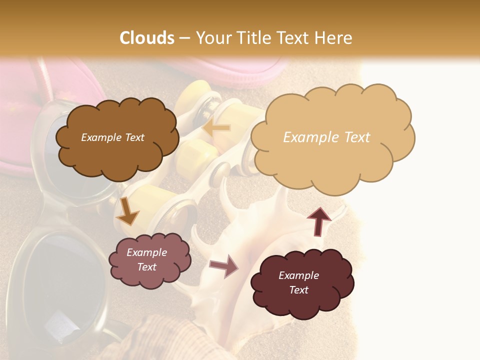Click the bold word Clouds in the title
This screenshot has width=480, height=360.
point(147,38)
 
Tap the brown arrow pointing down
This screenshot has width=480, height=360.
point(127,211)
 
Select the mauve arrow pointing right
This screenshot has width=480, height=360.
point(224,266)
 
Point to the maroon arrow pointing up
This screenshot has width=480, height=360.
point(318,220)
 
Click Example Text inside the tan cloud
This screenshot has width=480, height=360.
point(326,137)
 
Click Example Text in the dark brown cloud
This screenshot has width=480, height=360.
point(112,137)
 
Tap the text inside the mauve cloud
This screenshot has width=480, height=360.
point(147,260)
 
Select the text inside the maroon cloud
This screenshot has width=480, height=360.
point(298,282)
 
